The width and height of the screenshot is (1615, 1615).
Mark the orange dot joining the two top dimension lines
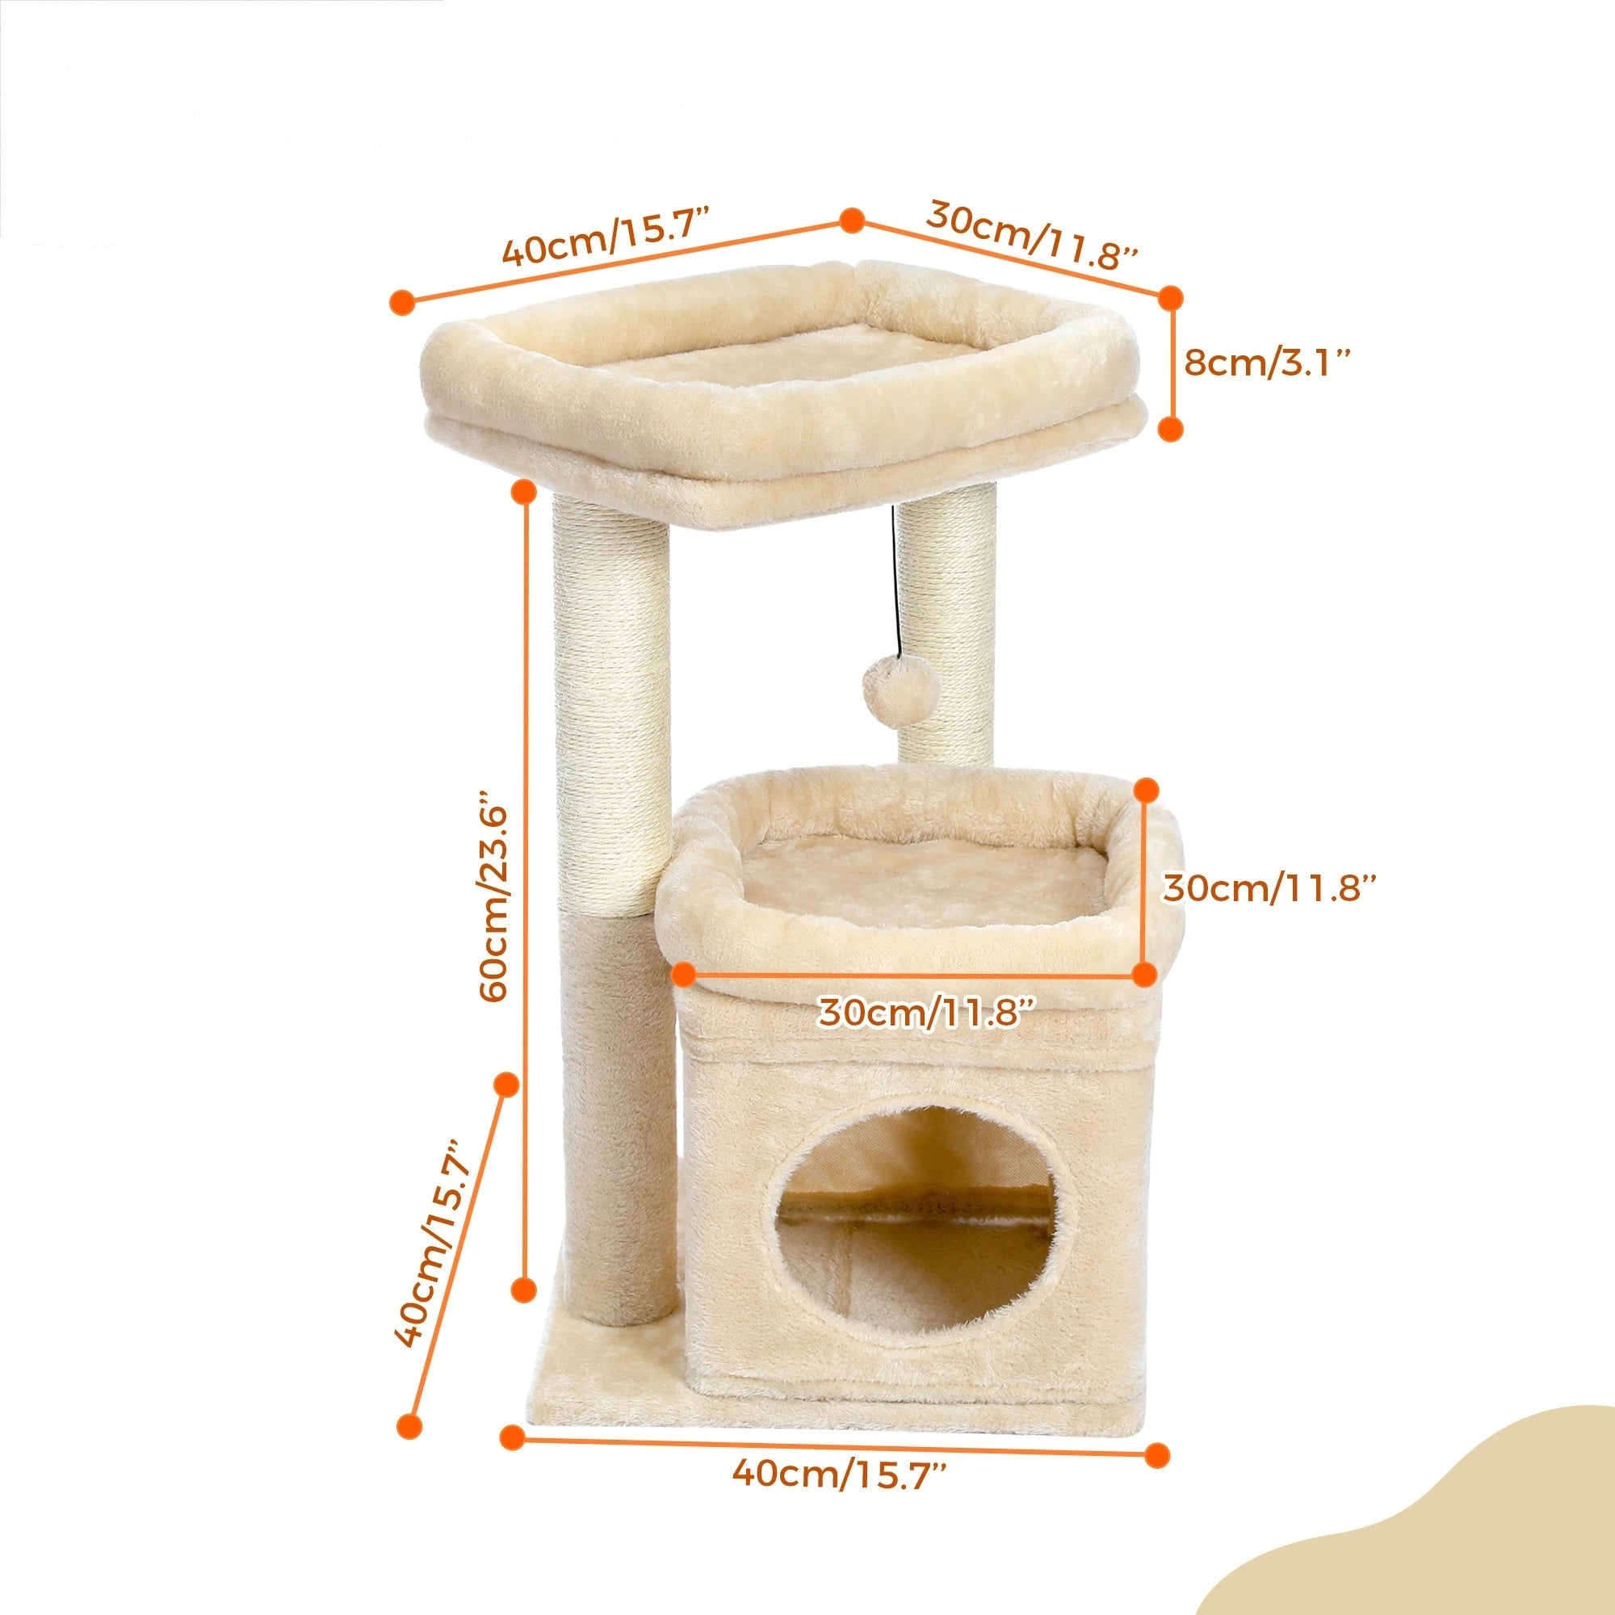[x=851, y=221]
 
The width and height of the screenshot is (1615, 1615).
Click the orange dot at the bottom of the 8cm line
[x=1171, y=429]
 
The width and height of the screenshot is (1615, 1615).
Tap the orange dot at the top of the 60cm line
[x=524, y=492]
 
